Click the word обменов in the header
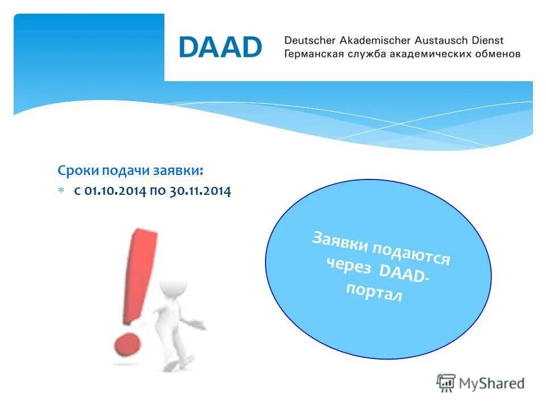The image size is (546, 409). (498, 55)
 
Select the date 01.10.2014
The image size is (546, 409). (115, 191)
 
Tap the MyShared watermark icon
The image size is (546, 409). (446, 383)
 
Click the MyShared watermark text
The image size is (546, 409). (492, 383)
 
